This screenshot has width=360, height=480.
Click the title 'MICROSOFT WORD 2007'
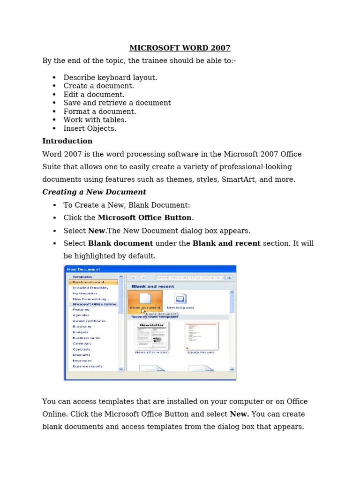180,48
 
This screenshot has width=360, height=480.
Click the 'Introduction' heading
67,141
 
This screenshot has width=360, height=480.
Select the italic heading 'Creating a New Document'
94,192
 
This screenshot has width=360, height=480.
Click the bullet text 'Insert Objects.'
90,128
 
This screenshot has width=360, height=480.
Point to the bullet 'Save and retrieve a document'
117,103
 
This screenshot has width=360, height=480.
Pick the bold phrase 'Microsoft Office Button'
145,218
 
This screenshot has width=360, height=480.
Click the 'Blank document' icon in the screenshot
145,299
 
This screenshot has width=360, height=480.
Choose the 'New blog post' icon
180,299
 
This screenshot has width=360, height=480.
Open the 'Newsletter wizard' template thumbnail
151,336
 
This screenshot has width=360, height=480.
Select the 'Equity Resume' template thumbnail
201,336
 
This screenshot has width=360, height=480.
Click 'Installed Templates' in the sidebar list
90,288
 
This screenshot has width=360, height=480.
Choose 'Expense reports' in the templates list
87,367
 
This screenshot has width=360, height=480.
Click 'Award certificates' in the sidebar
89,321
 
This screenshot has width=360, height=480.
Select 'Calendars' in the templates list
82,344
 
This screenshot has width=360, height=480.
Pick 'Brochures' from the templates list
82,327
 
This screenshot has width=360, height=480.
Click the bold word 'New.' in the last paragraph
240,414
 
